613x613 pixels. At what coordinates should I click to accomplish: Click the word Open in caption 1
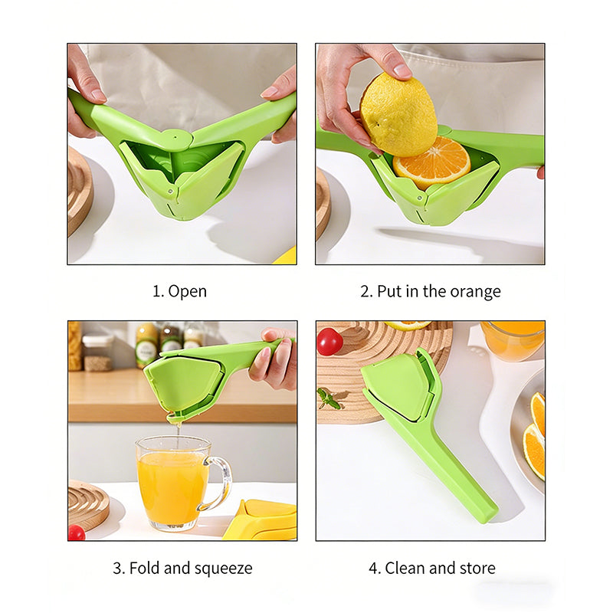point(187,292)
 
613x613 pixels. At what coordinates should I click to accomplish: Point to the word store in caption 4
point(477,568)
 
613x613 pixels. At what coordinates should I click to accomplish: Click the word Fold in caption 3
point(145,568)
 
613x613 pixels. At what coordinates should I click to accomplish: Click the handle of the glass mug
point(219,484)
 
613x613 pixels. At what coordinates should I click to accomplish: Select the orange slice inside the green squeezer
point(431,162)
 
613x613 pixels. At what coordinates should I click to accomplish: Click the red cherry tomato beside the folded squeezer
point(329,342)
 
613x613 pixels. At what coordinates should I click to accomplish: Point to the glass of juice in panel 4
point(513,340)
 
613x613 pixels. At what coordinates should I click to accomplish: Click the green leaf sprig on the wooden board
point(329,398)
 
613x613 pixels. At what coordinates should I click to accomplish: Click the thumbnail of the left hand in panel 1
point(97,93)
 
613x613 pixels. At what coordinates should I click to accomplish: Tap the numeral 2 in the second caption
point(365,292)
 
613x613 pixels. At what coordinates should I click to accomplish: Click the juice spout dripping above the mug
point(175,418)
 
